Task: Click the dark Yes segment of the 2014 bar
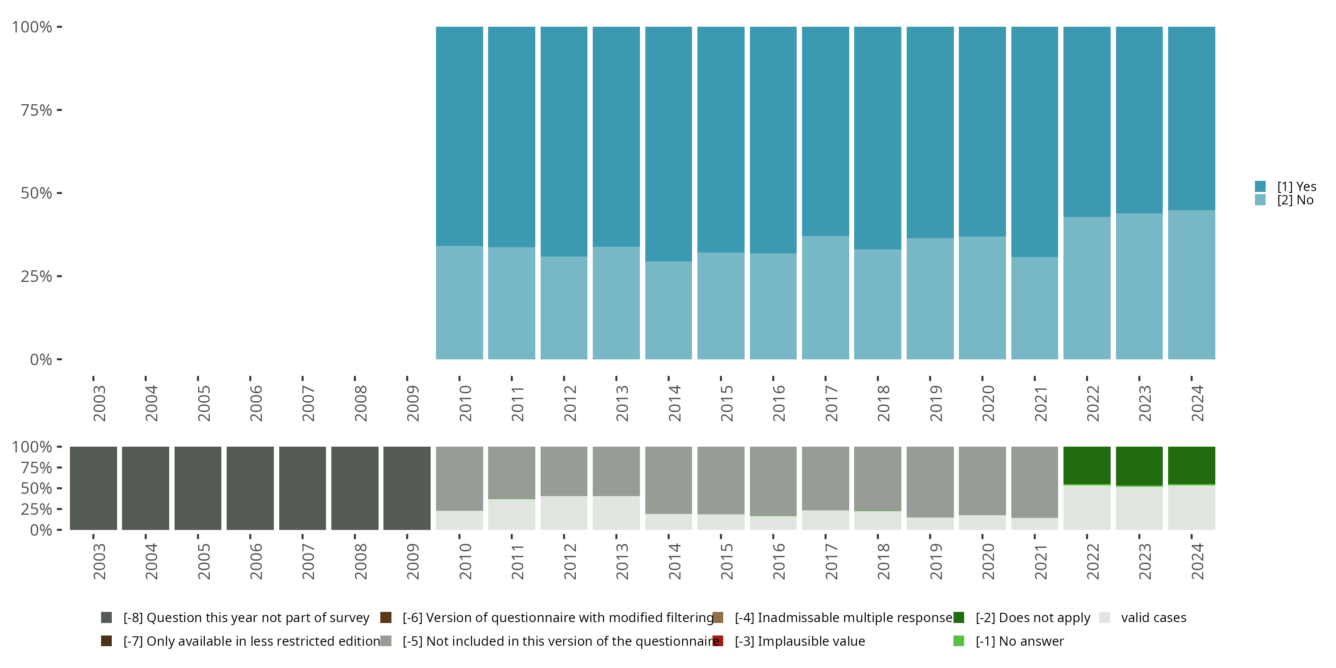click(668, 144)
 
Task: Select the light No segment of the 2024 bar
click(1191, 284)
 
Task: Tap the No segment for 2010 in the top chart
click(459, 302)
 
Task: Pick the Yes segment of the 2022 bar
click(1087, 122)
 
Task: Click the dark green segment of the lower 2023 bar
click(1139, 466)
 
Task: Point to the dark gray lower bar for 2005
click(198, 488)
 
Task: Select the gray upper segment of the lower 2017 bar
click(825, 478)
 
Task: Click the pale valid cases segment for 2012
click(564, 513)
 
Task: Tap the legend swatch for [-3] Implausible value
click(718, 641)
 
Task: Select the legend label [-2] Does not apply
click(1032, 618)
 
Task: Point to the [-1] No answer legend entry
click(1019, 641)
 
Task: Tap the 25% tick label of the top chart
click(37, 277)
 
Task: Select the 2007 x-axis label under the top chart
click(308, 403)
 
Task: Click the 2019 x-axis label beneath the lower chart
click(935, 561)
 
